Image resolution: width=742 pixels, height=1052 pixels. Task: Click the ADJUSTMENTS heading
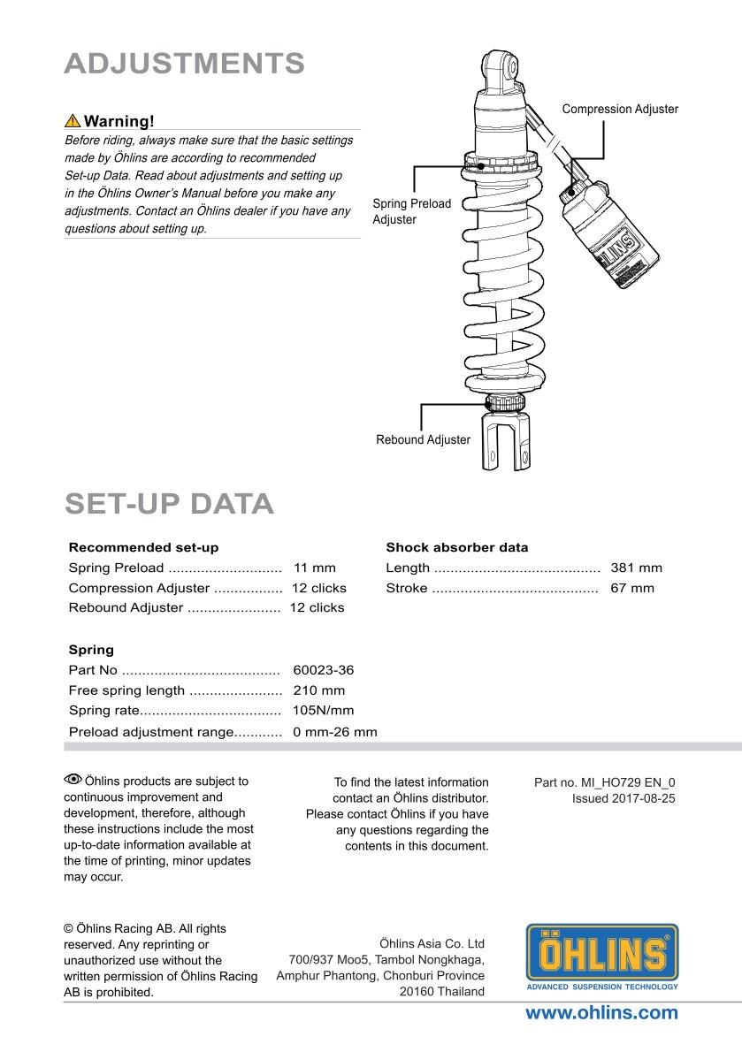tap(185, 64)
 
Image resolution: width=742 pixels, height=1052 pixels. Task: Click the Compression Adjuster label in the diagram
tap(620, 110)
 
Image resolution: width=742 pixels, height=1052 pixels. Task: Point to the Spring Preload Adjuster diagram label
tap(411, 211)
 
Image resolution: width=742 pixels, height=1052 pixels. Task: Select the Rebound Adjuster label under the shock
tap(423, 439)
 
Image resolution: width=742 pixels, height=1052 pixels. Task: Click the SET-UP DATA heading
tap(169, 503)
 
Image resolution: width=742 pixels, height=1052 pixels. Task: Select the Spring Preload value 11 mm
tap(315, 568)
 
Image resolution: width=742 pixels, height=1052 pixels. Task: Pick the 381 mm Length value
tap(636, 568)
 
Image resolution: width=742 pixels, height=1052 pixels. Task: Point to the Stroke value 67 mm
tap(632, 588)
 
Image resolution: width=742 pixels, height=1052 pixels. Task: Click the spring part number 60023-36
tap(323, 671)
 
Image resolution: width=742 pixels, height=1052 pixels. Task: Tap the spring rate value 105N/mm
tap(323, 711)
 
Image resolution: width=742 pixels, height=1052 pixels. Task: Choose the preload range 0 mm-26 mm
tap(334, 732)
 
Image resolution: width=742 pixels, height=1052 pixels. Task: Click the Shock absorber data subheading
tap(456, 547)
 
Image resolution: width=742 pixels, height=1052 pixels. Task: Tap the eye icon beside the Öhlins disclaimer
tap(73, 779)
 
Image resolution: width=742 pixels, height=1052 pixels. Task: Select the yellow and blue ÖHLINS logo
tap(602, 956)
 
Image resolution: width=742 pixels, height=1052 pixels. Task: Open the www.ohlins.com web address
tap(601, 1013)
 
